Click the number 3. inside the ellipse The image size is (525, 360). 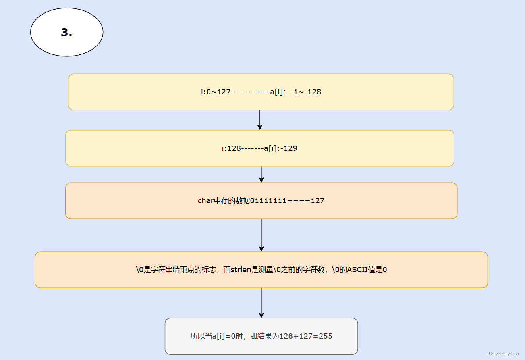66,33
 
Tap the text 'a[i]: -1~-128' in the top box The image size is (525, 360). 295,92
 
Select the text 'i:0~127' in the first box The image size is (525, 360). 216,92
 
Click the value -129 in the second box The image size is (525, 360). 290,148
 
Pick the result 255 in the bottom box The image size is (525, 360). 325,336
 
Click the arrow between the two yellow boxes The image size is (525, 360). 260,120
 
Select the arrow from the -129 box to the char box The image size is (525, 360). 261,175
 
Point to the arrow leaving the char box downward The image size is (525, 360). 261,235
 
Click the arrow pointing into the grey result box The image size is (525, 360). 261,303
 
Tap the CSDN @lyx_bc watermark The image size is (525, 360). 504,354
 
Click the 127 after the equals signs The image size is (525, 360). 317,201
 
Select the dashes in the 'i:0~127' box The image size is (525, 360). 250,92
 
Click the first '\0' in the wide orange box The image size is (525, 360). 140,270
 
